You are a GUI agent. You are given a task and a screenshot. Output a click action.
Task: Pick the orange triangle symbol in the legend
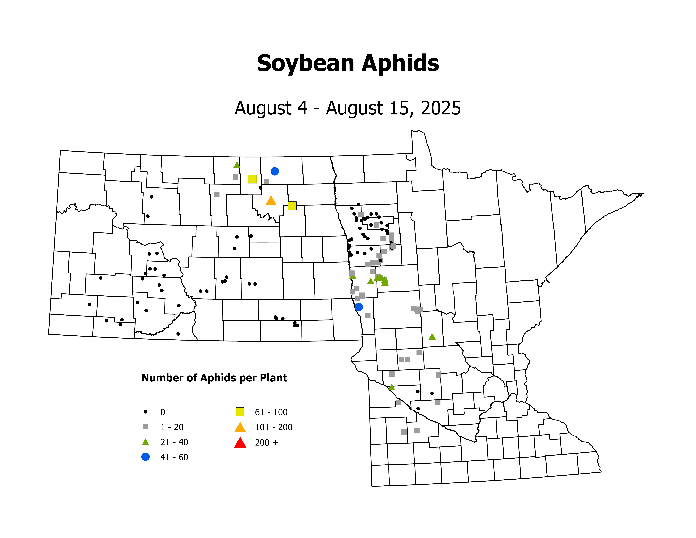click(x=240, y=427)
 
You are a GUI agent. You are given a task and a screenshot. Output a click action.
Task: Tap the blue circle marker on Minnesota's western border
click(x=359, y=307)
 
